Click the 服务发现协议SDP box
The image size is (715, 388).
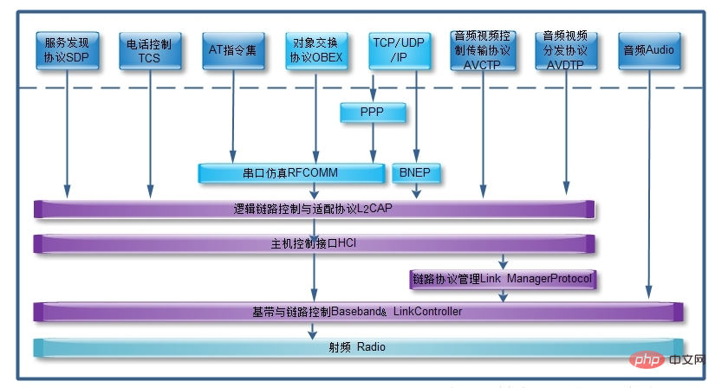pyautogui.click(x=67, y=50)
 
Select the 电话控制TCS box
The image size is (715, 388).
pyautogui.click(x=148, y=50)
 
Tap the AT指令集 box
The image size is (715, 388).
pyautogui.click(x=232, y=50)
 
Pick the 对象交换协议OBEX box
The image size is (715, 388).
pyautogui.click(x=315, y=50)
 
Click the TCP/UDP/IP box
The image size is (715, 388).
pyautogui.click(x=398, y=50)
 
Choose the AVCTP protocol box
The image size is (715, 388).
pyautogui.click(x=482, y=50)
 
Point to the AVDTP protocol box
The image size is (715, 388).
pyautogui.click(x=565, y=50)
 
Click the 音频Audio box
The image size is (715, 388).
pyautogui.click(x=648, y=50)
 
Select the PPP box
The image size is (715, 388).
pyautogui.click(x=373, y=112)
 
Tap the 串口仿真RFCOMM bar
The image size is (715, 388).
pyautogui.click(x=291, y=173)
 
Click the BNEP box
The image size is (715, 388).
pyautogui.click(x=415, y=173)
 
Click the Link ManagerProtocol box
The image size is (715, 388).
pyautogui.click(x=503, y=279)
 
